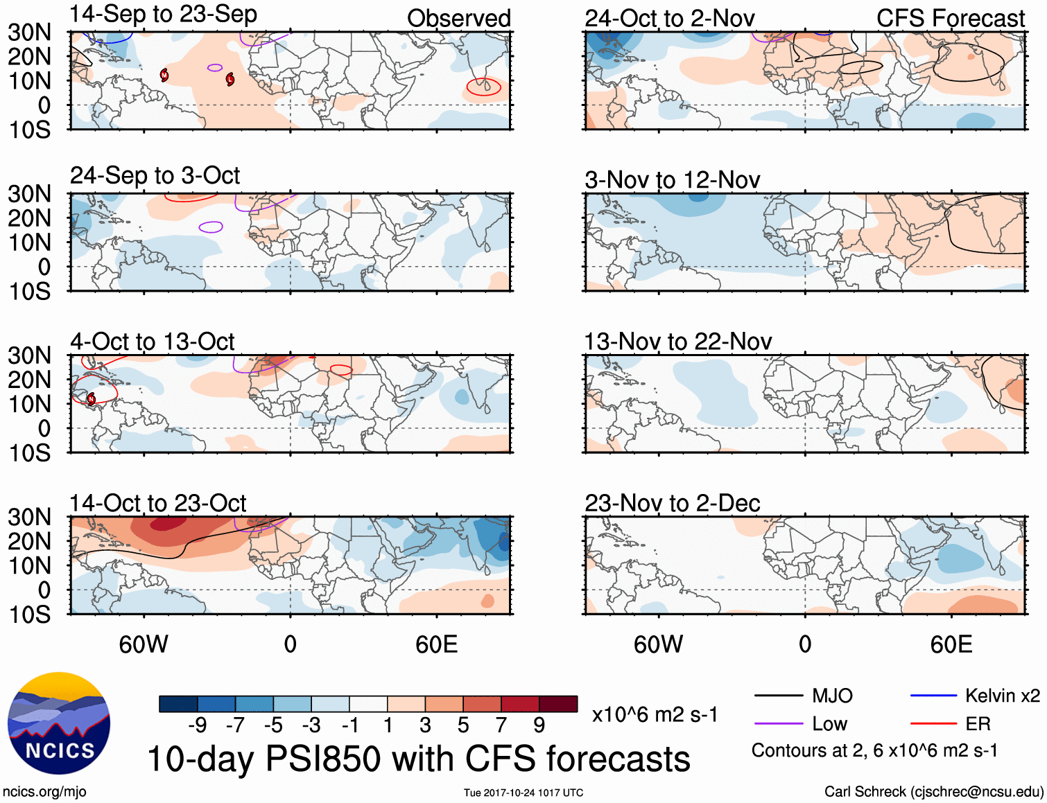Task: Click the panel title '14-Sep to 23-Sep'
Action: coord(164,15)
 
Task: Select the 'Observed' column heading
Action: coord(458,19)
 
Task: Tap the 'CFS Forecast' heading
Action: coord(950,19)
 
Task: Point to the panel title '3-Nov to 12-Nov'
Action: coord(672,180)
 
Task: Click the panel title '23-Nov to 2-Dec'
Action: coord(672,503)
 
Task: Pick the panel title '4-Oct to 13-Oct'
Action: coord(152,342)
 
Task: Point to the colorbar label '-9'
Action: coord(197,725)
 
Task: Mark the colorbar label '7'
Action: coord(501,725)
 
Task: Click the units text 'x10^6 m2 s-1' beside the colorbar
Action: coord(655,714)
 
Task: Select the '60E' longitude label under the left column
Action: coord(436,644)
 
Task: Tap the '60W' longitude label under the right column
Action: coord(658,644)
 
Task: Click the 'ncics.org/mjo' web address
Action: coord(44,791)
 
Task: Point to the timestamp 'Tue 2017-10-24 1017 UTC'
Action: coord(523,793)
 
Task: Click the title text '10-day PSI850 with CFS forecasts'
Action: coord(419,759)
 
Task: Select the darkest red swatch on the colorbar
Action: coord(558,704)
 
